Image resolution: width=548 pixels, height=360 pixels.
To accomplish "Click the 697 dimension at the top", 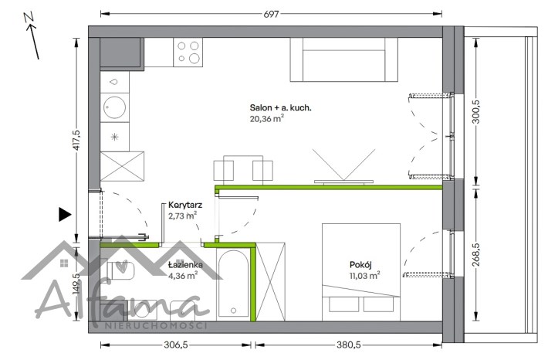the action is (x=271, y=14).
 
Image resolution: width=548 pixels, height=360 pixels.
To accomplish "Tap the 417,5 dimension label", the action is (x=76, y=140).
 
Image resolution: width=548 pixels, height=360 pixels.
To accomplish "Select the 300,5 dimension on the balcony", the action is (x=476, y=112).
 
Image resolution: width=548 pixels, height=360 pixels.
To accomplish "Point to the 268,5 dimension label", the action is (x=476, y=254).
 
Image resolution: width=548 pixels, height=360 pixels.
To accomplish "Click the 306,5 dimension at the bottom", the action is (x=176, y=345).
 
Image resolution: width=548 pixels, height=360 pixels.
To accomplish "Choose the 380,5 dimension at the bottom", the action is (x=348, y=345).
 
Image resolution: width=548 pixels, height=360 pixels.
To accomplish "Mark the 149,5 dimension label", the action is (x=76, y=284).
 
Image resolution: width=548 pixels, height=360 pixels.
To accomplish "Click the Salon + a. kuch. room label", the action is (x=280, y=107).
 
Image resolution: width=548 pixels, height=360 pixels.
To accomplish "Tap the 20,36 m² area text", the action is (x=266, y=119).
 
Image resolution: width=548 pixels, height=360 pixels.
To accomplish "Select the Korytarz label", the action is (x=185, y=205).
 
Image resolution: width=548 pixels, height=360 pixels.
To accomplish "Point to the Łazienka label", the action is (x=185, y=265).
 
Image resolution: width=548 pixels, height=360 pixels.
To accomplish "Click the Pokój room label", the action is (x=360, y=265).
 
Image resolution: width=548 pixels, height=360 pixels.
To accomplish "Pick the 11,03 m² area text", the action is (x=365, y=276).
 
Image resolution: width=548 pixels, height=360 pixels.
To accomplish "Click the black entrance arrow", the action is (x=65, y=215).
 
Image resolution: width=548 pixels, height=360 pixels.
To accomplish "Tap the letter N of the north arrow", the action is (x=29, y=16).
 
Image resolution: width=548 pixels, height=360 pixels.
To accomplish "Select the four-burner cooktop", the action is (x=188, y=52).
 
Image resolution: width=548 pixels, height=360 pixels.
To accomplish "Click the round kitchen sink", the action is (x=115, y=107).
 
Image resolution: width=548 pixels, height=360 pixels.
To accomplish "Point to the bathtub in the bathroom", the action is (x=233, y=284).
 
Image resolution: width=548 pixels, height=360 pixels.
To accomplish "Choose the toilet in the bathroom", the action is (x=119, y=270).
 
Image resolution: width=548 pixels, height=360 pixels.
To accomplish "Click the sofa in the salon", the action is (x=344, y=59).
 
